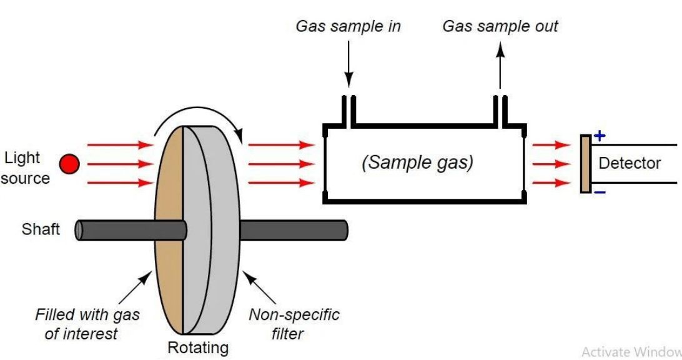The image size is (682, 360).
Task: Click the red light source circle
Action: coord(69,164)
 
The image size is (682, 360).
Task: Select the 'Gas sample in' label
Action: coord(348,26)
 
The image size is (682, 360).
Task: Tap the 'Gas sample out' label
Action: coord(500,26)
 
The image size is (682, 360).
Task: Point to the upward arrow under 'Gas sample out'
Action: coord(500,65)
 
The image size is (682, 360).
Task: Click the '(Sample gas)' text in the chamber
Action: coord(417,162)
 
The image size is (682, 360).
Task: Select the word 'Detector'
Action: coord(629,163)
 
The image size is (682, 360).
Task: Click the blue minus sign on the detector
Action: coord(599,192)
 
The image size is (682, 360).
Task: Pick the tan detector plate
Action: coord(585,164)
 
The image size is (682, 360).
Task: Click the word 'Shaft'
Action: coord(41,229)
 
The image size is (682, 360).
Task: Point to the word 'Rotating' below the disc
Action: coord(198,347)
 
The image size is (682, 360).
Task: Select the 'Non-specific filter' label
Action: coord(294,324)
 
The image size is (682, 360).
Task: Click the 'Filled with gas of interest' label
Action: coord(87,324)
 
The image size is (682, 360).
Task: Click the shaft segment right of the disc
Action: coord(294,230)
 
